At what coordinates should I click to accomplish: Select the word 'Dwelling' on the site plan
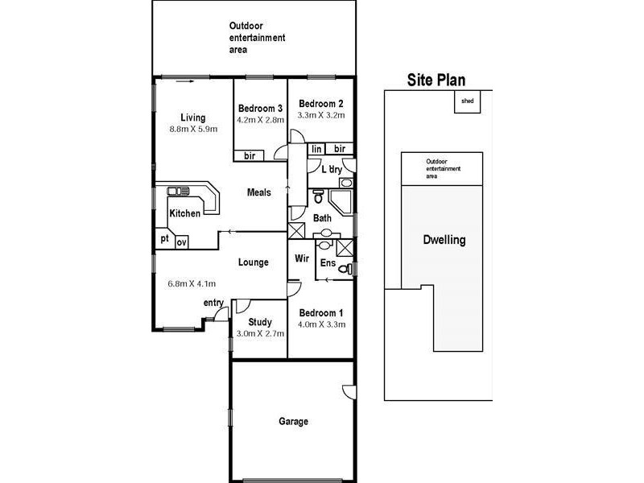click(444, 240)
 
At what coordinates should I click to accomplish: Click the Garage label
click(293, 421)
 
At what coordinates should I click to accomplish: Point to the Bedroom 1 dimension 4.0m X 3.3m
click(322, 324)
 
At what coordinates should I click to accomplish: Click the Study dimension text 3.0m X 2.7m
click(260, 333)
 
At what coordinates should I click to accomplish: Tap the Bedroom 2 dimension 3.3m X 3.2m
click(321, 115)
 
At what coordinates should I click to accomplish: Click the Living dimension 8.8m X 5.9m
click(193, 129)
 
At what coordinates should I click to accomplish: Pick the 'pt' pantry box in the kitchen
click(164, 239)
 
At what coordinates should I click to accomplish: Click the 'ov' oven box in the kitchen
click(182, 242)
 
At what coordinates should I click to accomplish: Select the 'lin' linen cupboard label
click(316, 149)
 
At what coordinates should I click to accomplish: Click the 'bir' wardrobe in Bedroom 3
click(250, 155)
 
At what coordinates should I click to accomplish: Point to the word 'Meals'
click(258, 192)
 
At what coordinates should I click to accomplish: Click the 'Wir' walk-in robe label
click(302, 258)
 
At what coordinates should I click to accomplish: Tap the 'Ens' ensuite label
click(327, 263)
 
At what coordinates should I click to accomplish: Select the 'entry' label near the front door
click(213, 302)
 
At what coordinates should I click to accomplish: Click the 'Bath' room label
click(322, 218)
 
